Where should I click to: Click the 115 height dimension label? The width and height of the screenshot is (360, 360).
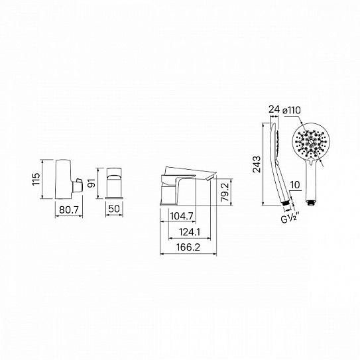click(36, 179)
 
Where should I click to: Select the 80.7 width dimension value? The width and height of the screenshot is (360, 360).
click(69, 210)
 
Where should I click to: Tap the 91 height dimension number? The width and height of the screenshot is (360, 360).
click(91, 183)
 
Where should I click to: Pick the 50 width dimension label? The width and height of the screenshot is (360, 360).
click(114, 209)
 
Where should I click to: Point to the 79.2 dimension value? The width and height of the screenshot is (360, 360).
click(225, 192)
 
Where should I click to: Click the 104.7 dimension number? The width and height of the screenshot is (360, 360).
click(182, 216)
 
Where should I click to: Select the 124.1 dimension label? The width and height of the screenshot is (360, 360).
click(190, 232)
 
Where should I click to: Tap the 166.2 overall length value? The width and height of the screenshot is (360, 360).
click(188, 247)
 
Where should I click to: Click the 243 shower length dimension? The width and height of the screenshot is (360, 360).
click(257, 164)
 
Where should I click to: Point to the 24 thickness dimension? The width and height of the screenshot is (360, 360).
click(274, 109)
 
